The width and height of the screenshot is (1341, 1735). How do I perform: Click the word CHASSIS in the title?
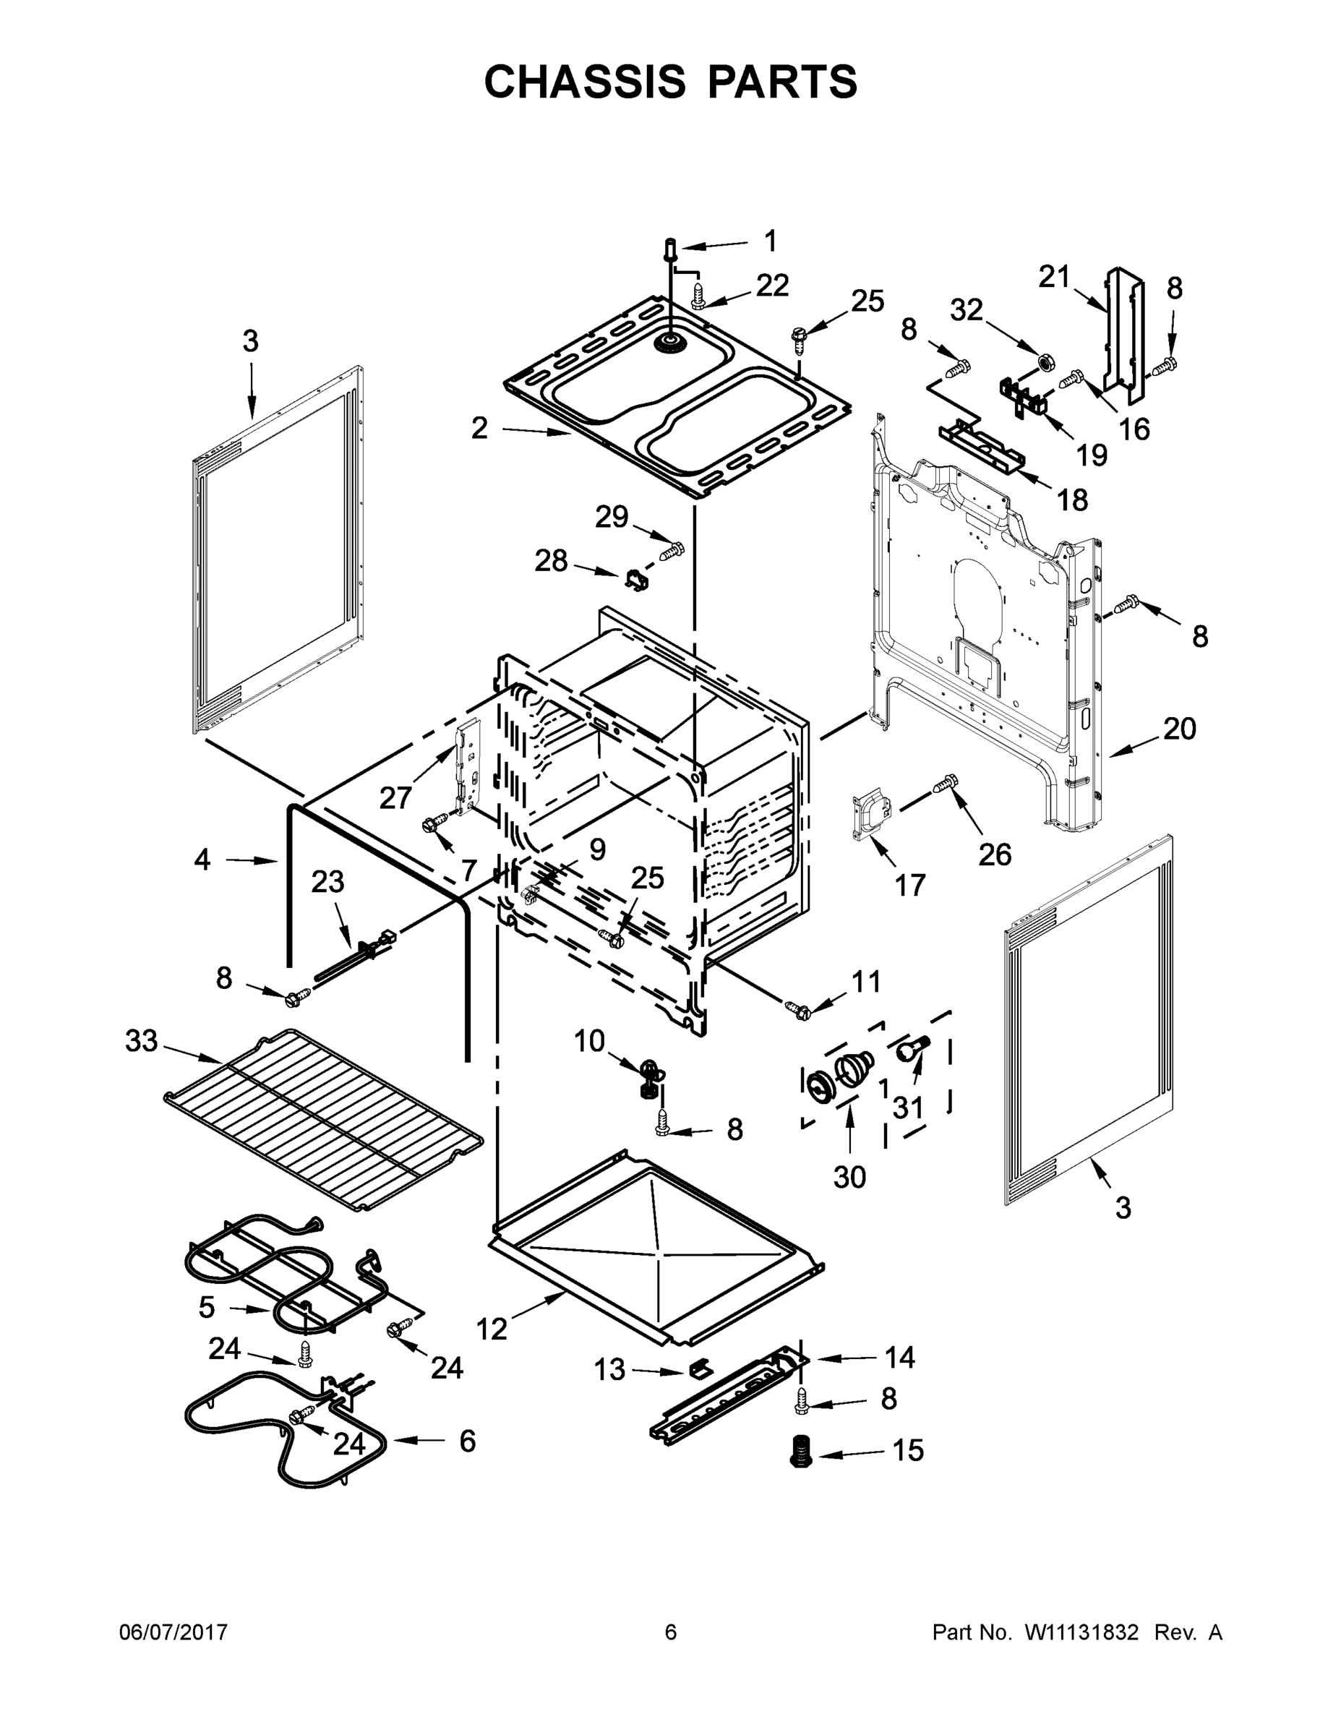(585, 82)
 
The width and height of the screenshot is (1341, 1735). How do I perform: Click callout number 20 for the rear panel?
(1179, 729)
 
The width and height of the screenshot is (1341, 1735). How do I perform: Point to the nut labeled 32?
(1046, 363)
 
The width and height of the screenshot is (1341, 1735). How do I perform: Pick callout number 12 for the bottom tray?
(491, 1328)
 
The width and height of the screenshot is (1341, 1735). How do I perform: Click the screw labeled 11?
(797, 1009)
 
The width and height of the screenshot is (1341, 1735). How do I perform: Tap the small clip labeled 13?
(699, 1368)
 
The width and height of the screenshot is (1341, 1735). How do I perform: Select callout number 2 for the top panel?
(479, 428)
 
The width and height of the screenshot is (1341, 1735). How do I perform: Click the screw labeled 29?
(674, 549)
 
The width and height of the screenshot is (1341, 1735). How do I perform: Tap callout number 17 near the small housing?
(909, 885)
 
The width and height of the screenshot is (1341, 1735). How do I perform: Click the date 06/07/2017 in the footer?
(173, 1632)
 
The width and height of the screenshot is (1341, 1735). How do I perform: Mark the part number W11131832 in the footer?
(1081, 1632)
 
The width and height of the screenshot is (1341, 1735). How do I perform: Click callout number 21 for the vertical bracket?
(1054, 278)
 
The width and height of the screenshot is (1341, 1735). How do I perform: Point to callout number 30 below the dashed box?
(849, 1176)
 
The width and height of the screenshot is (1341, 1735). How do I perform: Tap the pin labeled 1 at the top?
(669, 250)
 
